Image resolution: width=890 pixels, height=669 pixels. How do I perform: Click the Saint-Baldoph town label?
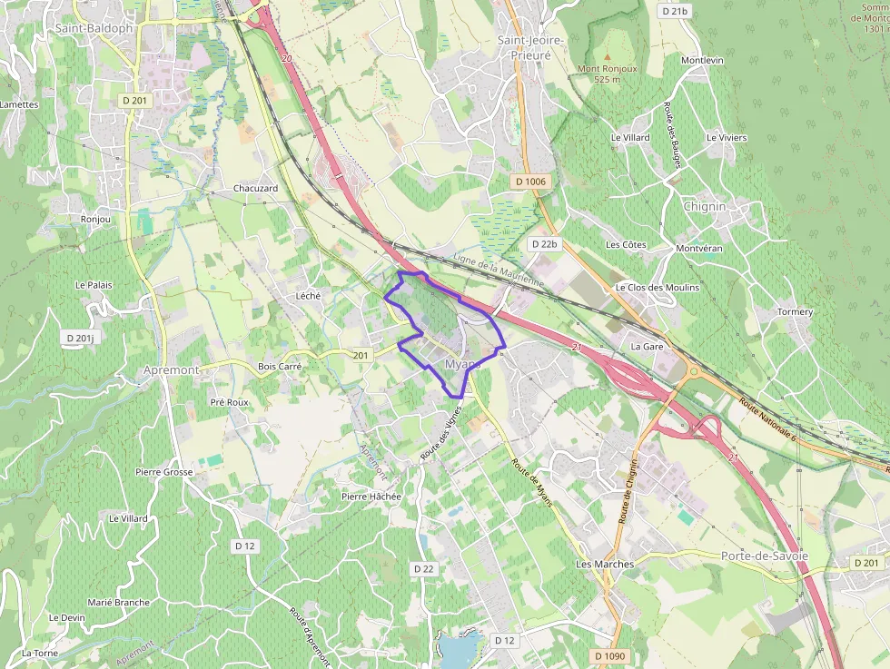[94, 28]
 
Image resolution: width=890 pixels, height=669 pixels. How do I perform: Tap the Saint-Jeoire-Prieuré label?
[531, 47]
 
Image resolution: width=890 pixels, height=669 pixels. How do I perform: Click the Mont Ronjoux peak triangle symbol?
[608, 56]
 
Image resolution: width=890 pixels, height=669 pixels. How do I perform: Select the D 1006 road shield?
[530, 182]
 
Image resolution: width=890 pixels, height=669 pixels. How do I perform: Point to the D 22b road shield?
[545, 244]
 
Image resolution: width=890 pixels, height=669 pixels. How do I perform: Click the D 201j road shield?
[80, 338]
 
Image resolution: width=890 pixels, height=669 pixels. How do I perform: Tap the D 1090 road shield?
[610, 655]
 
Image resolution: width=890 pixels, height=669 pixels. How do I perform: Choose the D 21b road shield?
[675, 12]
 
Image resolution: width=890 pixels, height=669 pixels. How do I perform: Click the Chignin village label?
[705, 206]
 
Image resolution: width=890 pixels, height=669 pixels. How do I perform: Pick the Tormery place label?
[795, 311]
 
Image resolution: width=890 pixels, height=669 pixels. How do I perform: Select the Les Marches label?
[605, 564]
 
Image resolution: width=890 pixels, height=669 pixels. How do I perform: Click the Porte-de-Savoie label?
[765, 556]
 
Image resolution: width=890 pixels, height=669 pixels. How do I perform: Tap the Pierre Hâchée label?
[371, 497]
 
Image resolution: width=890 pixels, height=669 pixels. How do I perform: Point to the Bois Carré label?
[280, 367]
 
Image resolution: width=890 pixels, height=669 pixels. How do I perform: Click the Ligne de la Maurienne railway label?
[498, 271]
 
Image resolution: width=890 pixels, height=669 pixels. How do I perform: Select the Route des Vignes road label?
[441, 432]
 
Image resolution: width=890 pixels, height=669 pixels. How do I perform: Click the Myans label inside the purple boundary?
[462, 364]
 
